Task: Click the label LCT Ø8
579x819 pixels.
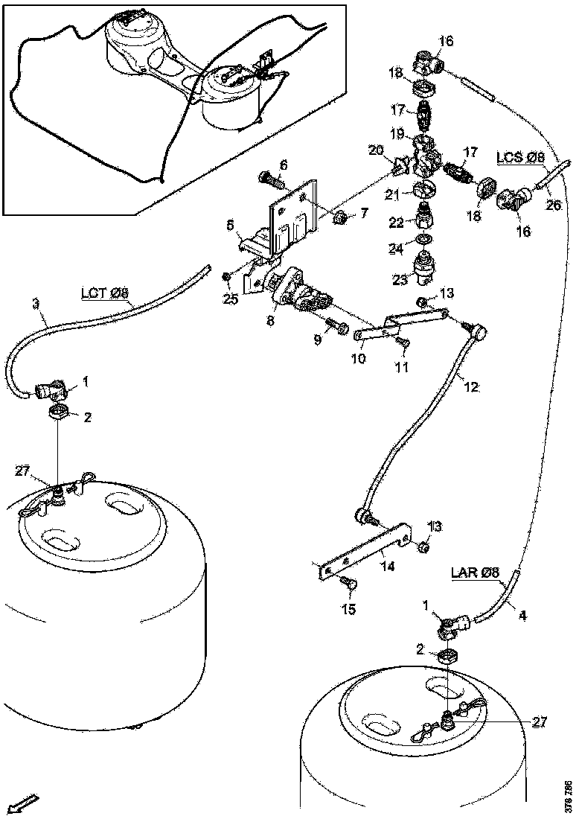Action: click(x=104, y=294)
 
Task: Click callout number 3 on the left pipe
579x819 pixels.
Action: click(x=35, y=303)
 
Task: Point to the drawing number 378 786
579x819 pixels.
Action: click(x=569, y=795)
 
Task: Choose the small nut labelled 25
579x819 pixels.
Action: click(x=227, y=277)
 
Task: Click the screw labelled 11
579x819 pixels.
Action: click(x=404, y=341)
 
